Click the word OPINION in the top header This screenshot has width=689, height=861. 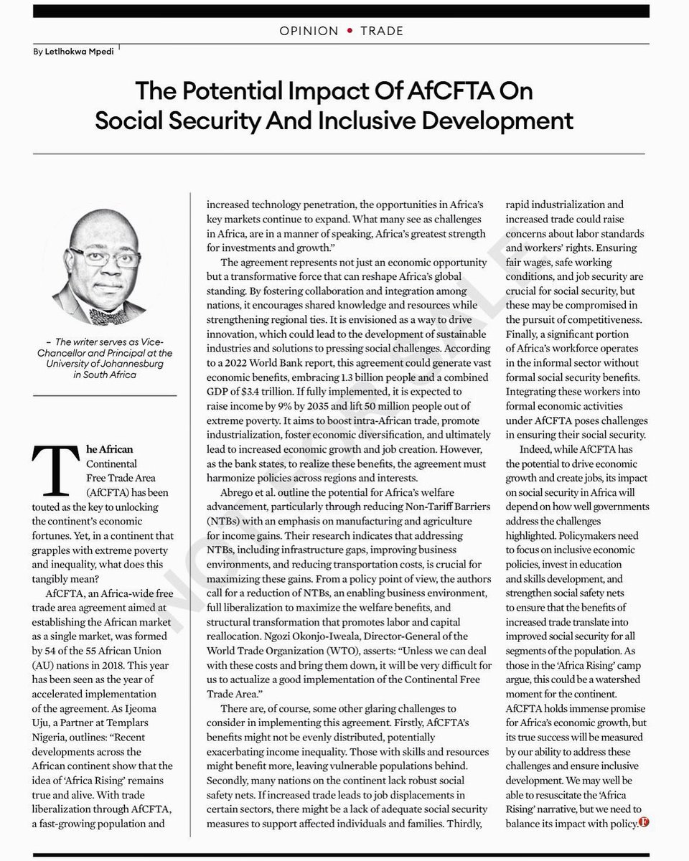307,31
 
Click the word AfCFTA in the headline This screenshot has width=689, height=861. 411,92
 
